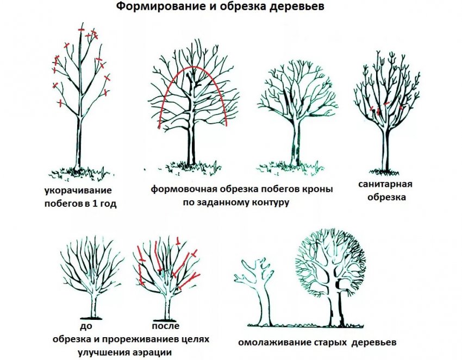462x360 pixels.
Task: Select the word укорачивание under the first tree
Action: coord(79,191)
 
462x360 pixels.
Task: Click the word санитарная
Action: coord(385,184)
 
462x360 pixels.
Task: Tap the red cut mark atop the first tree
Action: coord(81,29)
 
